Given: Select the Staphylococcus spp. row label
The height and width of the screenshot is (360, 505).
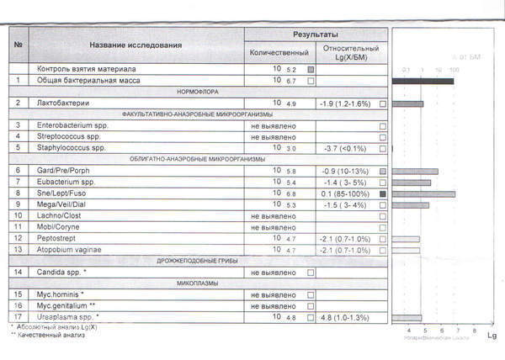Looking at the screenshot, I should coord(74,148).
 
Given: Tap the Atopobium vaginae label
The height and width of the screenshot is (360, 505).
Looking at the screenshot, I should coord(72,250).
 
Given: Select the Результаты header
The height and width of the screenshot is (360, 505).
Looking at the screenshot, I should coord(316,34).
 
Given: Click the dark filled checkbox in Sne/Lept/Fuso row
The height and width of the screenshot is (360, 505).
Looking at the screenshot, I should coord(383,193).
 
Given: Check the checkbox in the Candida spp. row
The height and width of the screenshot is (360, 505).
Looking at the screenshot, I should coord(311,273).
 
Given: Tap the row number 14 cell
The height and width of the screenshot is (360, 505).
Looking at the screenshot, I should coord(19,273).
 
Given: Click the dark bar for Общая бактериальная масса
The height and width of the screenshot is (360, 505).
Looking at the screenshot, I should coord(424,81).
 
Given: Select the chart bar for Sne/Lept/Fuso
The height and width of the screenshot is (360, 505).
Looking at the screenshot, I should coord(424,193).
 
